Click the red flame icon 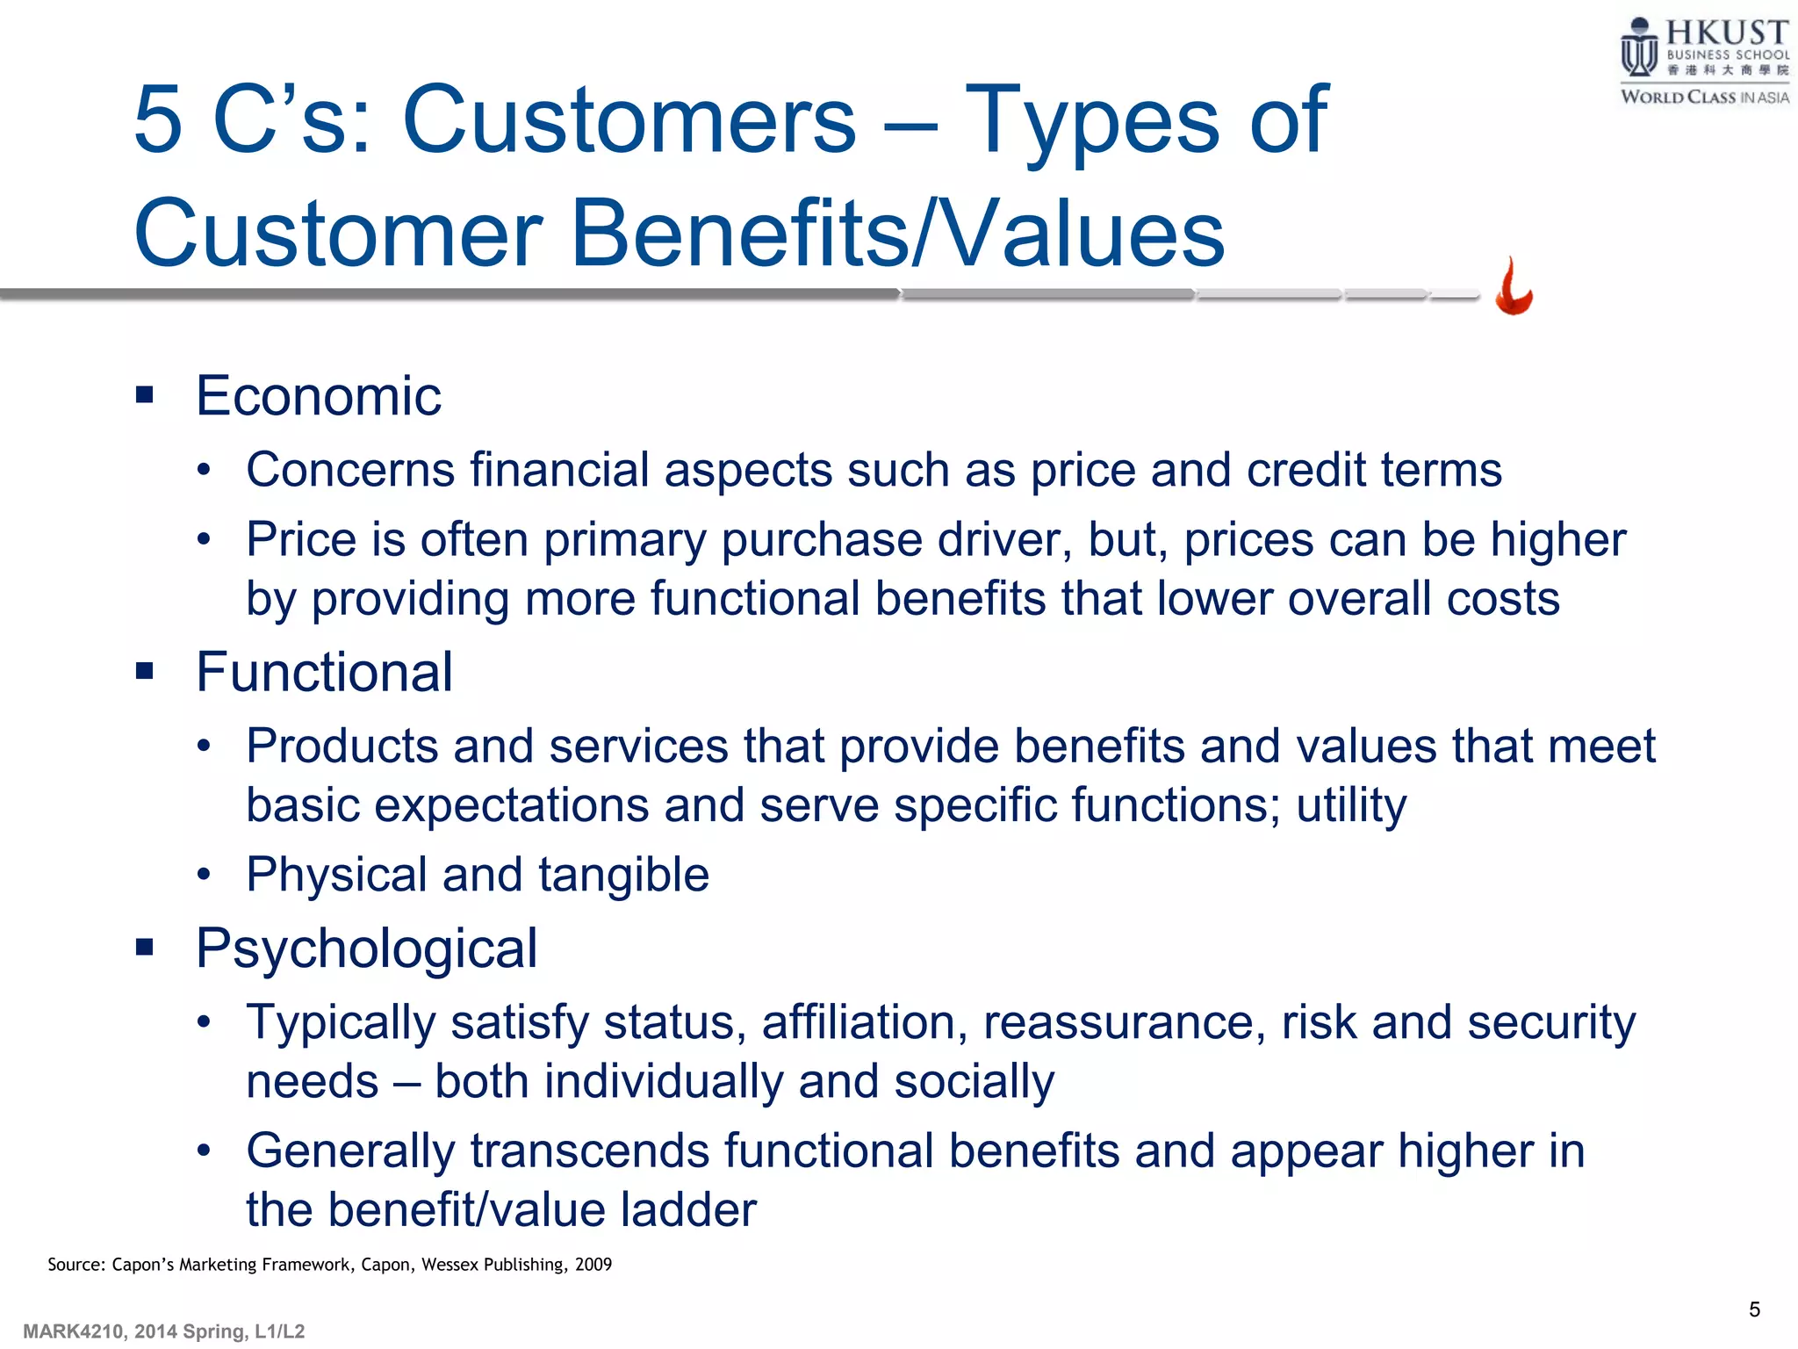1514,287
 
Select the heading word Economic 318,396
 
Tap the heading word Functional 324,673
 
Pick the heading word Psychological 366,949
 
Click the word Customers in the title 629,119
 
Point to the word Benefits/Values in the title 897,234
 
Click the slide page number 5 1754,1309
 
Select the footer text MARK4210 74,1331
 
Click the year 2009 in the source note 593,1265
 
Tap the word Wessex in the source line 449,1265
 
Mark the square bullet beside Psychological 145,947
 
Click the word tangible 623,876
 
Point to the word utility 1351,805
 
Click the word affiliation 864,1023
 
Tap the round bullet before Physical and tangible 205,875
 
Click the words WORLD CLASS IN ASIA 1704,97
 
